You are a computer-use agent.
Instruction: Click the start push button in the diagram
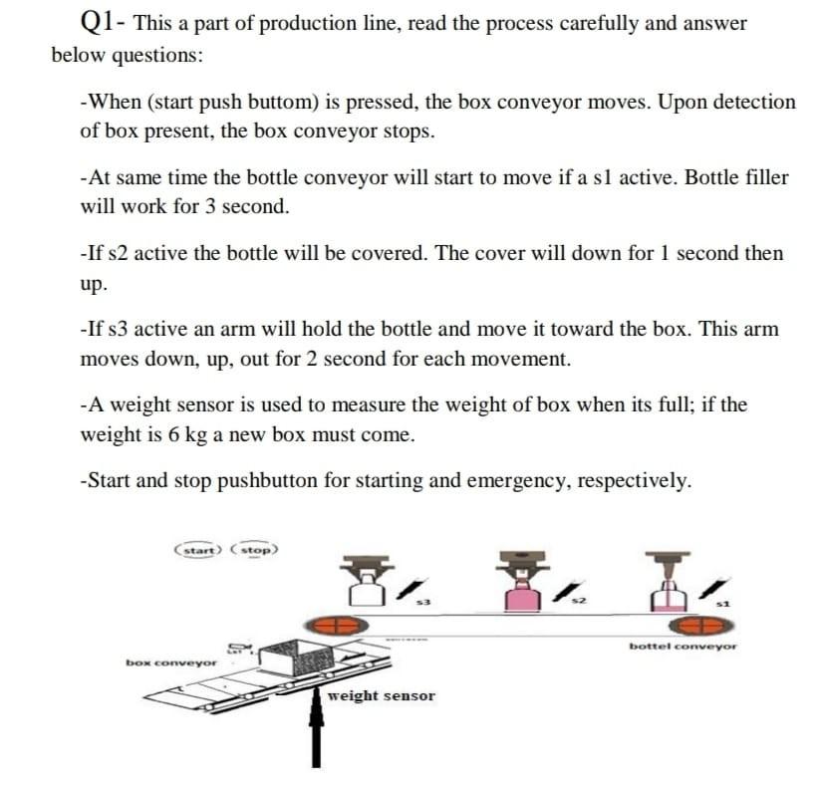pyautogui.click(x=198, y=550)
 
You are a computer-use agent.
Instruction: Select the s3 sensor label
pyautogui.click(x=422, y=602)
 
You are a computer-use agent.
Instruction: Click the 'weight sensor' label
pyautogui.click(x=382, y=695)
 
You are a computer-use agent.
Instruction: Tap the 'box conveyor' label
pyautogui.click(x=170, y=662)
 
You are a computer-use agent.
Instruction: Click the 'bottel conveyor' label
pyautogui.click(x=683, y=646)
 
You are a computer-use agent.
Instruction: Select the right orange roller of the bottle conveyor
pyautogui.click(x=700, y=627)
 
